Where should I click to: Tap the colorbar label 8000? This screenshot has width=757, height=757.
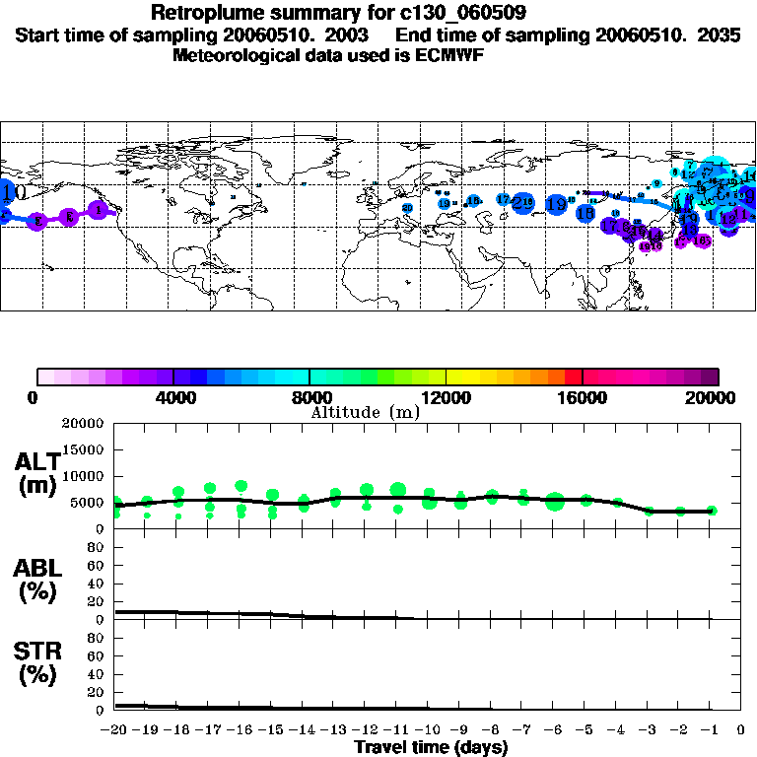(309, 397)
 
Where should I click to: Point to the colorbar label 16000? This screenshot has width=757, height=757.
(583, 397)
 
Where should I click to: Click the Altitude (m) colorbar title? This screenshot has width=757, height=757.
(365, 412)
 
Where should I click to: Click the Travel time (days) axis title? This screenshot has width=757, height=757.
(431, 748)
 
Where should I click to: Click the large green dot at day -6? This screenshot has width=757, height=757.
(555, 502)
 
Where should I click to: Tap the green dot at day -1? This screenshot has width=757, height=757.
(712, 511)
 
